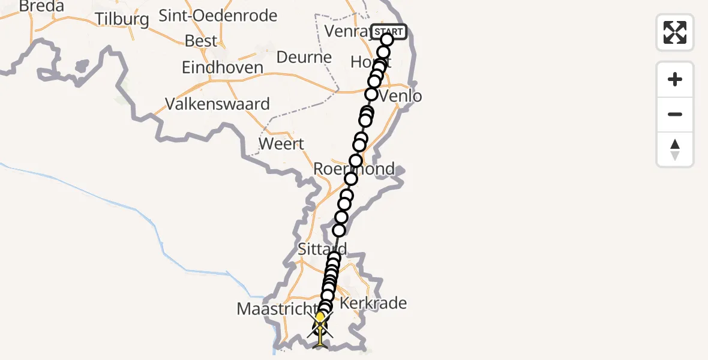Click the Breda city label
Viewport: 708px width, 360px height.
pos(41,6)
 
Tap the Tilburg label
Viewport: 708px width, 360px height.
pos(122,19)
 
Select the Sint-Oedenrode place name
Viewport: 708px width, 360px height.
pos(218,16)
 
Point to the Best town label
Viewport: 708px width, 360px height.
pos(201,41)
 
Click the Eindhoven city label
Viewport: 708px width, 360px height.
pos(223,67)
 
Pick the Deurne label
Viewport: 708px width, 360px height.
pos(304,58)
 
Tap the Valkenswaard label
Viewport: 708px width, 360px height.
pos(217,104)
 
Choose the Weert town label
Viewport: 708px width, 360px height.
pos(281,144)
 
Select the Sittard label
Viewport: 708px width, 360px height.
pos(322,248)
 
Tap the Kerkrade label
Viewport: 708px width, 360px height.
pos(373,303)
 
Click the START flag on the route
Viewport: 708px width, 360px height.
pos(389,31)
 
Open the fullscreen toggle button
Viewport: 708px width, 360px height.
pos(675,32)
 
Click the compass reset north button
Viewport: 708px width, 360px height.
pos(675,149)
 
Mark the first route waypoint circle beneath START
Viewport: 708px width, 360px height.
pos(387,40)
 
